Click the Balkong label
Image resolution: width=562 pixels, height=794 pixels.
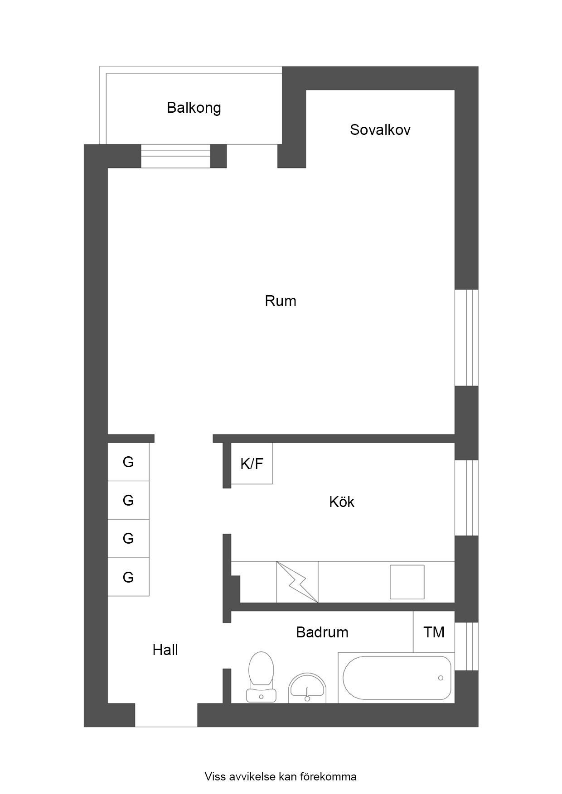(194, 108)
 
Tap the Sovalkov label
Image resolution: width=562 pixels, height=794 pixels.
(380, 130)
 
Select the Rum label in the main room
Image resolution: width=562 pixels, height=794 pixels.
(281, 301)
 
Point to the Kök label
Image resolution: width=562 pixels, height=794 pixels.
(342, 502)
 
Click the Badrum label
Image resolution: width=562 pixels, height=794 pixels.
(322, 632)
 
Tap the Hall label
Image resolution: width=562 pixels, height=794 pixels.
(165, 650)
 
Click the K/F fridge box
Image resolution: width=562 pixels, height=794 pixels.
(252, 464)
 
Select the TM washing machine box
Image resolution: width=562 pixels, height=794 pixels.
(434, 632)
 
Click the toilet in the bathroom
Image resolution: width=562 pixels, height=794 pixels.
(262, 677)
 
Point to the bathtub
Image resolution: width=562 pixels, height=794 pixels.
(397, 678)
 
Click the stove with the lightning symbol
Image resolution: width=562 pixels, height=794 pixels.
(297, 582)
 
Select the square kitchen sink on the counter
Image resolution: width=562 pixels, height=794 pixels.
(407, 582)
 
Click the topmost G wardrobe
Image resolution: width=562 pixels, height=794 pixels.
(128, 462)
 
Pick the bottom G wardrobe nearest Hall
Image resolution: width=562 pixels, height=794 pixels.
(128, 577)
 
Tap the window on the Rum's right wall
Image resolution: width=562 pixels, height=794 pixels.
(466, 338)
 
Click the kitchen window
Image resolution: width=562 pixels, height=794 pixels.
(466, 498)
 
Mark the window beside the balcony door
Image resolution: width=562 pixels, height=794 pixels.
(176, 156)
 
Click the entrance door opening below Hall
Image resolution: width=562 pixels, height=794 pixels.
(166, 715)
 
